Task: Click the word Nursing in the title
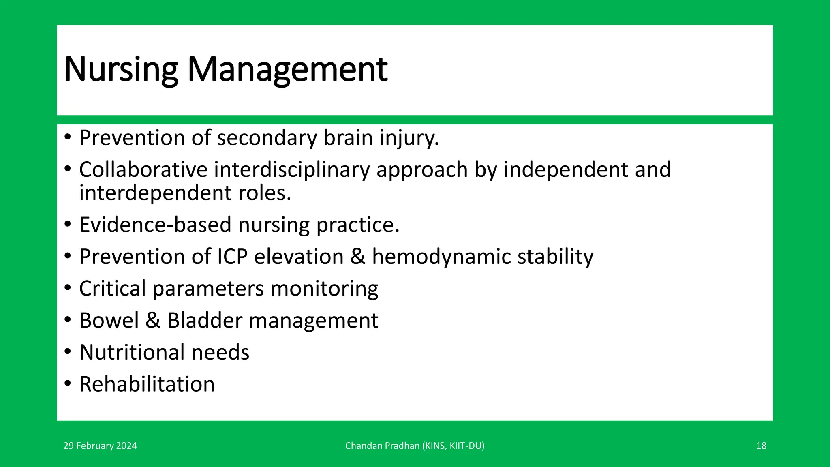121,70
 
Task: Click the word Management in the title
287,70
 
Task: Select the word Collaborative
143,169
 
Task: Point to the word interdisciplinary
292,169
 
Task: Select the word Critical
112,289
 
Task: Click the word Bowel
109,321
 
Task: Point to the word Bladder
205,321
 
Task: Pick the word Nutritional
132,352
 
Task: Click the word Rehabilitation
147,384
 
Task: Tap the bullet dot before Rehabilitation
68,383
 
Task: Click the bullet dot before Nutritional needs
68,351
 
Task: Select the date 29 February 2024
100,446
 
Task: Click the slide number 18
761,446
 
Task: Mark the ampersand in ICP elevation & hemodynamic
357,257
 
